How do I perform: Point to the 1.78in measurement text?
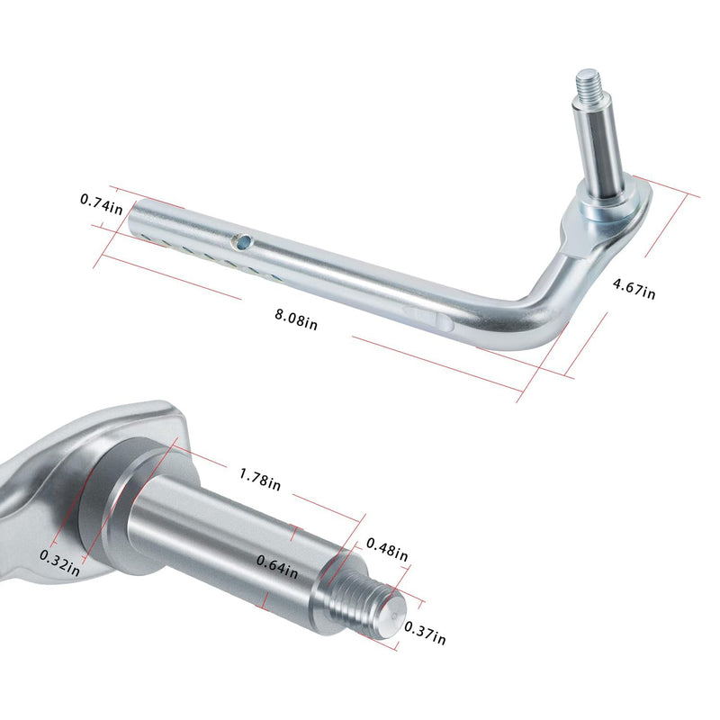(x=259, y=478)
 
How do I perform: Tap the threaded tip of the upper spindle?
(x=589, y=82)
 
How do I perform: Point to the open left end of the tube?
(x=137, y=217)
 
